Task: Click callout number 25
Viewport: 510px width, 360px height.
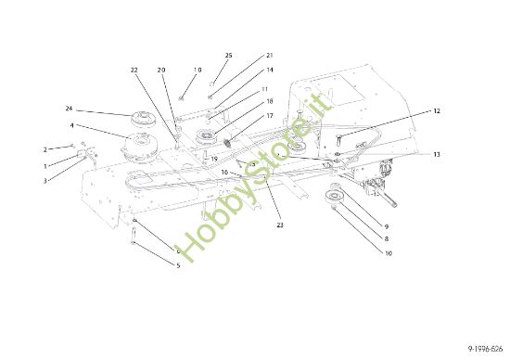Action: pos(229,57)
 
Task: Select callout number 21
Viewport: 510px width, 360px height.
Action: pos(270,57)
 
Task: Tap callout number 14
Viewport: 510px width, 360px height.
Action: pos(270,70)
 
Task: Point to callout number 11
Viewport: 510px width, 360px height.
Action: pos(265,89)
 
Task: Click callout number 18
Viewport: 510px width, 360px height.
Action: pos(270,101)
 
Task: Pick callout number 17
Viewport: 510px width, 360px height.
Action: pos(270,116)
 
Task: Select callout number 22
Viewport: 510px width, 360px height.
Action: pos(134,70)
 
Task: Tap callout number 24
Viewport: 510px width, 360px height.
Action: pos(69,108)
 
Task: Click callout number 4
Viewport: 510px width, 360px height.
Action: pos(71,125)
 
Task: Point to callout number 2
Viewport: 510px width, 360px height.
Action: pos(45,148)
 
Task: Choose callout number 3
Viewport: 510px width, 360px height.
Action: pos(45,180)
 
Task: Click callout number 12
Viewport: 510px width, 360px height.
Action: pos(437,111)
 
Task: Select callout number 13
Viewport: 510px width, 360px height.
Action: pos(437,154)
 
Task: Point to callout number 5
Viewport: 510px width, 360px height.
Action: pos(178,266)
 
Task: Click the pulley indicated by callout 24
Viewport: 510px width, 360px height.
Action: pos(145,119)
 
